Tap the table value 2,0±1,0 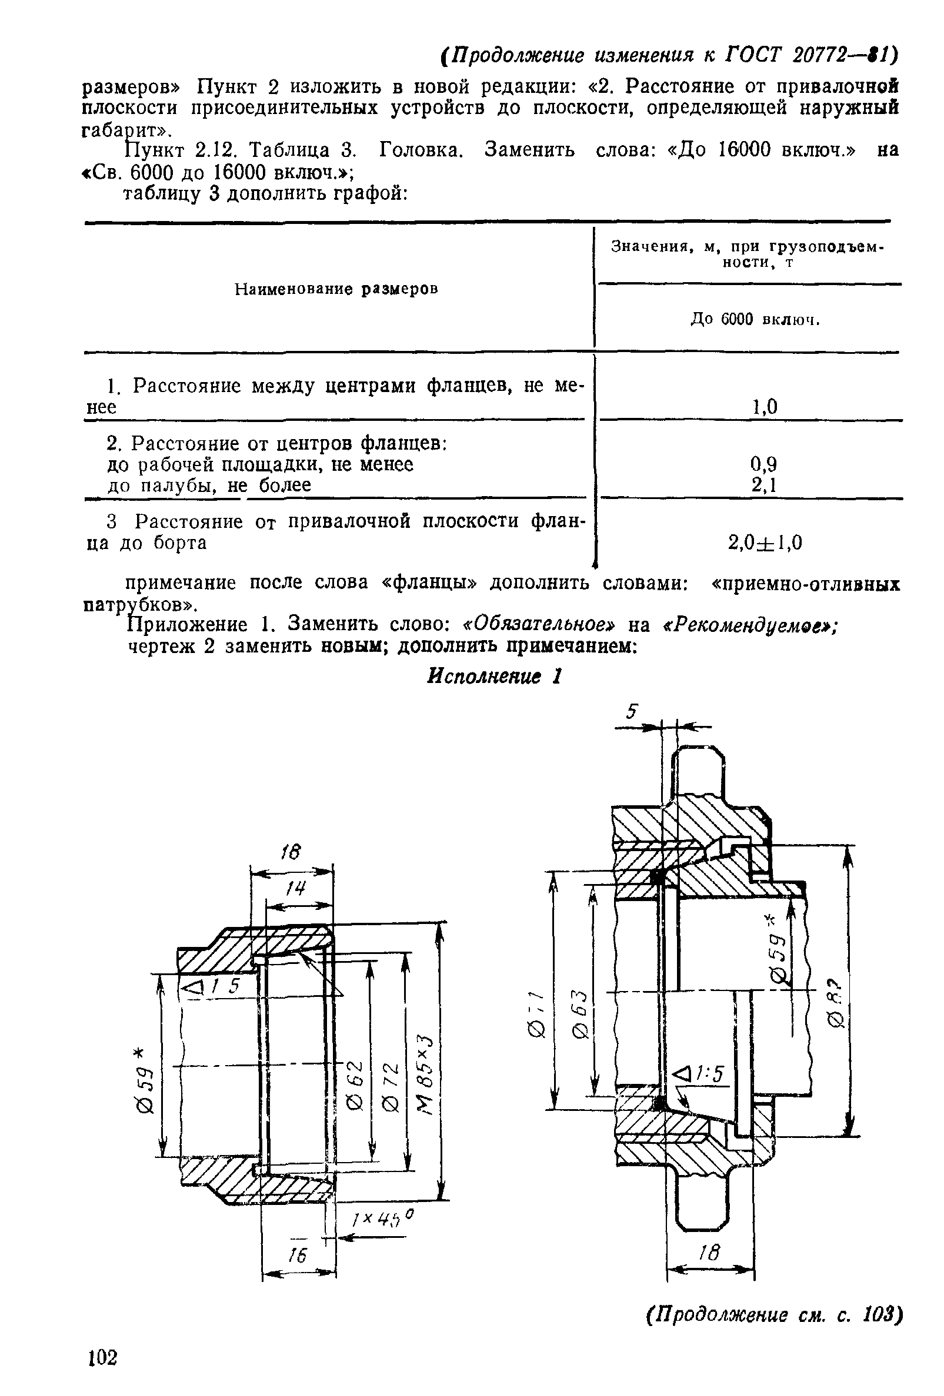765,543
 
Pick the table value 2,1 764,484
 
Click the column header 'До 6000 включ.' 755,320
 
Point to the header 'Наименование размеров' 336,290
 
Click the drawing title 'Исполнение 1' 494,677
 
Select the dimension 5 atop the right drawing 631,711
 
